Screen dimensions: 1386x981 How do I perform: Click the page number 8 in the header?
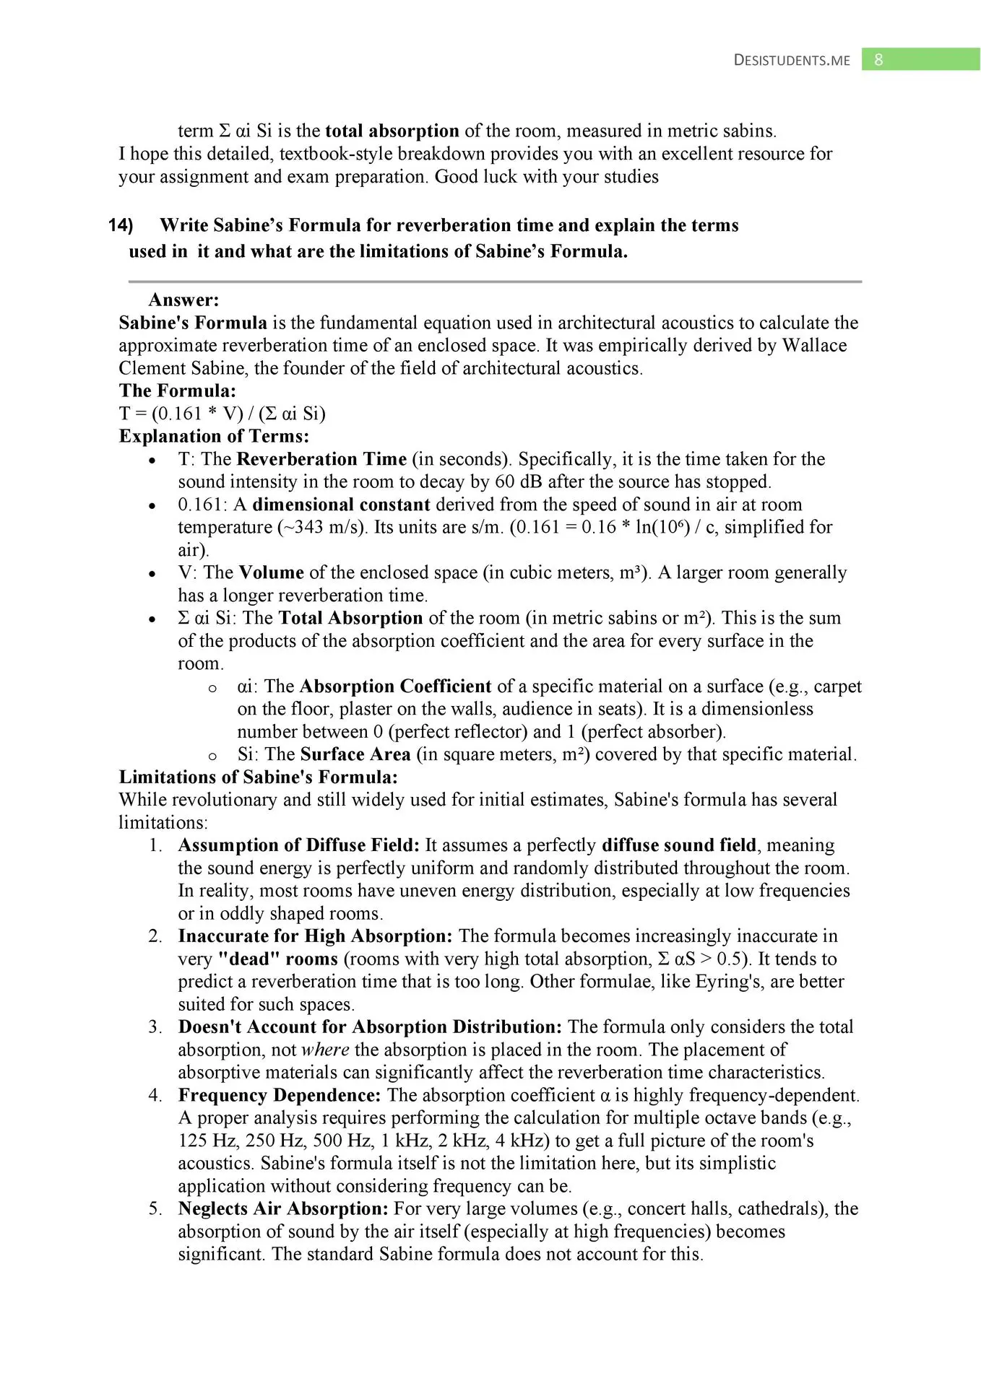878,60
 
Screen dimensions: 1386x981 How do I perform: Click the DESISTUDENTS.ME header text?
792,61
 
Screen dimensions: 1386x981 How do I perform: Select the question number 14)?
121,225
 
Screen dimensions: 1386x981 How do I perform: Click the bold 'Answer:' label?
183,300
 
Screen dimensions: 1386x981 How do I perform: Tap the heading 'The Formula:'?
178,391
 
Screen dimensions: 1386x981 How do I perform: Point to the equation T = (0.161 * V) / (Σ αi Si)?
222,414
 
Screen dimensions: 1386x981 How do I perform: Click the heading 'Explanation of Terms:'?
214,436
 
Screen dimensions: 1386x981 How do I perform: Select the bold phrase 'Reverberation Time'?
321,459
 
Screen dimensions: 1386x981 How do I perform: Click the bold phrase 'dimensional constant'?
341,505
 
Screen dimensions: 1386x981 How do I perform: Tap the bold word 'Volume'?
271,572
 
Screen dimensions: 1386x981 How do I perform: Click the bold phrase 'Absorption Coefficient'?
395,686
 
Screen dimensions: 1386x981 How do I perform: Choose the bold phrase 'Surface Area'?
355,754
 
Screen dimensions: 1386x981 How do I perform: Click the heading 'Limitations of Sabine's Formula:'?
258,777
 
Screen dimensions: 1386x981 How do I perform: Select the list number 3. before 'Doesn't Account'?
155,1027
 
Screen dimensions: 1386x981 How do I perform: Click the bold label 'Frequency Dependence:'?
280,1095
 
